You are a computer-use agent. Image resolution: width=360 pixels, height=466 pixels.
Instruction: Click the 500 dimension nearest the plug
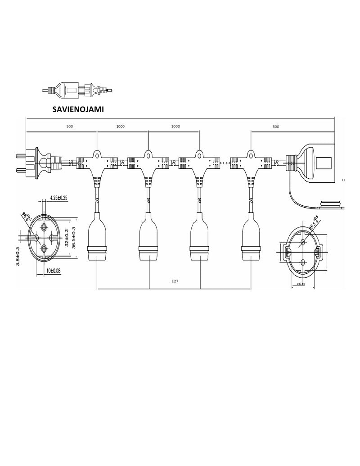click(x=69, y=127)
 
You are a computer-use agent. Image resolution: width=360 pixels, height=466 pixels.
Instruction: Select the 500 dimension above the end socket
click(x=275, y=127)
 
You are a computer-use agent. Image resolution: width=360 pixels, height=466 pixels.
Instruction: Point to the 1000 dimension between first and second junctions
click(x=121, y=127)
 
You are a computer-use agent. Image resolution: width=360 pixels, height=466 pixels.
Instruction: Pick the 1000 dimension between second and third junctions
click(x=175, y=127)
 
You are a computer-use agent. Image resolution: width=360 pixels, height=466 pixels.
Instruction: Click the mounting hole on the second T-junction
click(x=148, y=155)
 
